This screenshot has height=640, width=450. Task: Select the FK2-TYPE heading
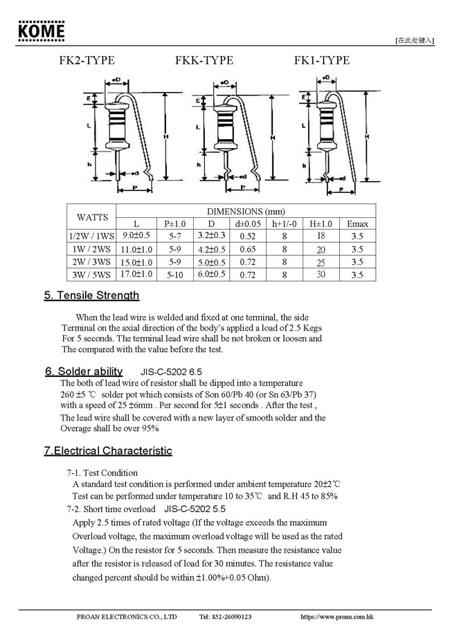coord(87,61)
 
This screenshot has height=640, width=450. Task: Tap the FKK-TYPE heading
coord(204,61)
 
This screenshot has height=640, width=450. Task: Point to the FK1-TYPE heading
coord(322,61)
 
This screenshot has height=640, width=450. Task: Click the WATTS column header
coord(91,217)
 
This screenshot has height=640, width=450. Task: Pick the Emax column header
coord(357,224)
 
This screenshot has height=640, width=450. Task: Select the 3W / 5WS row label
coord(91,275)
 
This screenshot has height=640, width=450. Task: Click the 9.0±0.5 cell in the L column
coord(136,236)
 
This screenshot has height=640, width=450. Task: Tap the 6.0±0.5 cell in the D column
coord(212,275)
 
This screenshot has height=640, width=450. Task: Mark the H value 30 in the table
coord(321,275)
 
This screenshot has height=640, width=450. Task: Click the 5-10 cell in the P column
coord(174,275)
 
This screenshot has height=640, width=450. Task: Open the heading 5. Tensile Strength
coord(91,295)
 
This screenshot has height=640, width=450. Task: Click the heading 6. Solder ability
coord(84,371)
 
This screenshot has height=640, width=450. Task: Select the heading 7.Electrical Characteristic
coord(108,451)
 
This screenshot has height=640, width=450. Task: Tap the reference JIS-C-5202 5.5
coord(195,509)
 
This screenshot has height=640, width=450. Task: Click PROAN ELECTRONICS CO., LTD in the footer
coord(127,616)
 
